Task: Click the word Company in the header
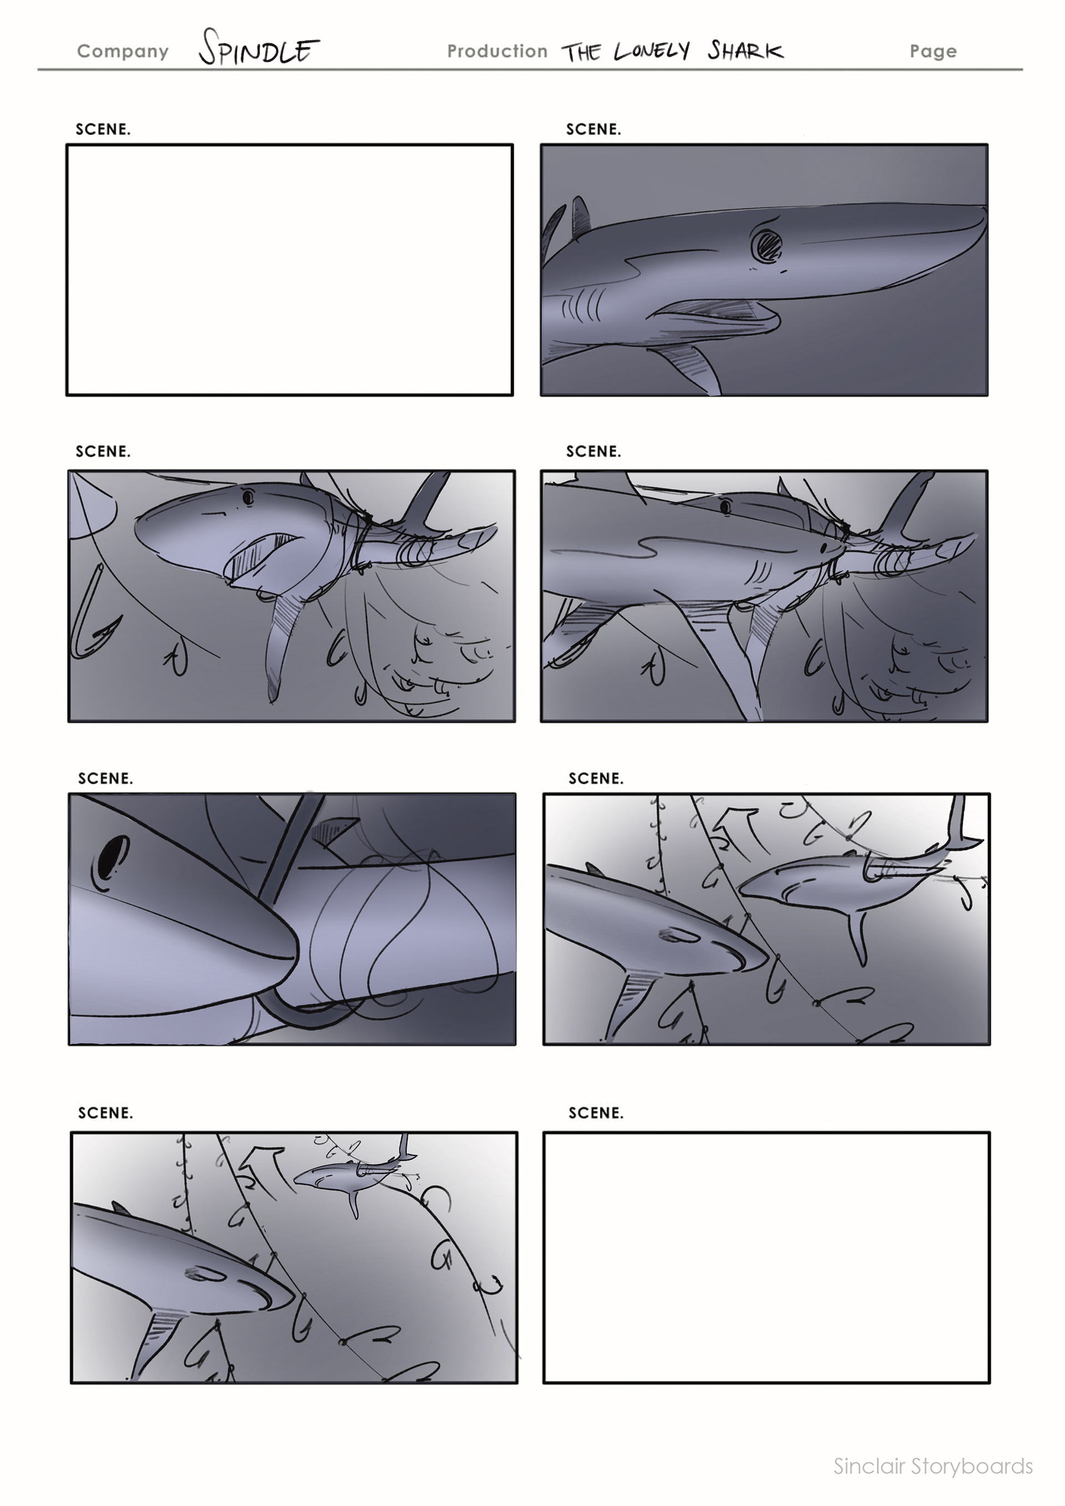[x=123, y=52]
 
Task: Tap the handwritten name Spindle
[x=259, y=47]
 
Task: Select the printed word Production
[x=497, y=51]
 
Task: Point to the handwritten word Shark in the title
[x=745, y=50]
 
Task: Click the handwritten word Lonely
[x=652, y=51]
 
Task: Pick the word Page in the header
[x=933, y=52]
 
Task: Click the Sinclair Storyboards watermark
[x=933, y=1466]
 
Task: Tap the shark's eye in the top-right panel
[x=765, y=246]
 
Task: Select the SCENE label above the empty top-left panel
[x=103, y=129]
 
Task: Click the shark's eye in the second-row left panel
[x=248, y=498]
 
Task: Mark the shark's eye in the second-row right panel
[x=726, y=507]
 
